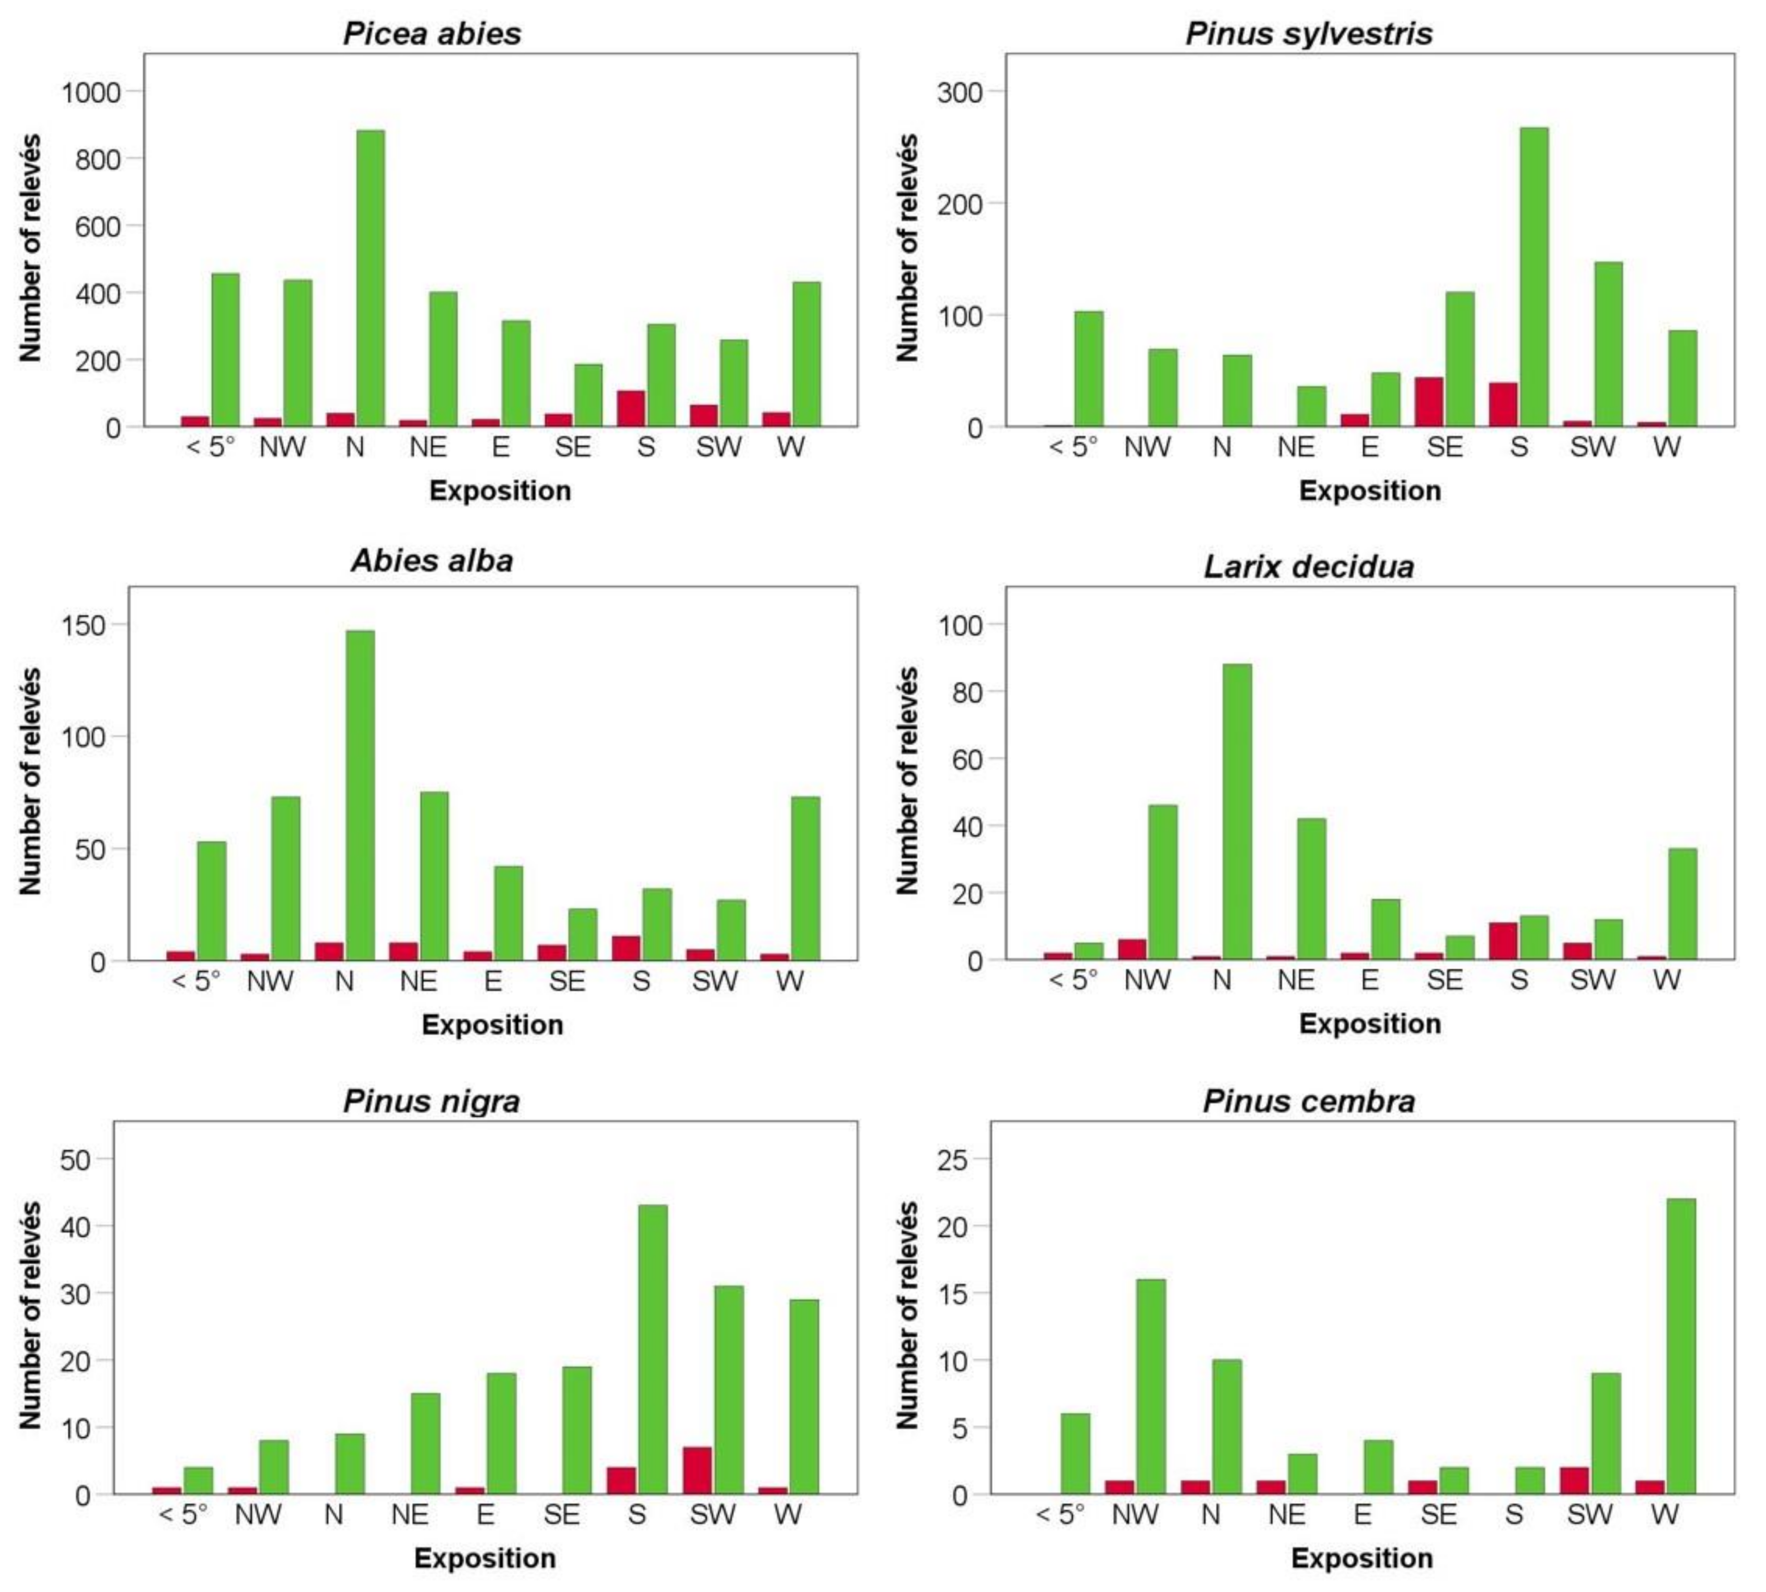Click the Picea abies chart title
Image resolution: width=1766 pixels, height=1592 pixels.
432,33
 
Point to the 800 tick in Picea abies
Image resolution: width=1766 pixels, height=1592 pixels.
98,159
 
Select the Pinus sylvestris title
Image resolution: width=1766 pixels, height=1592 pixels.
1308,33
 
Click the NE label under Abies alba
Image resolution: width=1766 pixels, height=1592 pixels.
418,981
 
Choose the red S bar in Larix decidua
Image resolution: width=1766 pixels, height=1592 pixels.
1503,941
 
